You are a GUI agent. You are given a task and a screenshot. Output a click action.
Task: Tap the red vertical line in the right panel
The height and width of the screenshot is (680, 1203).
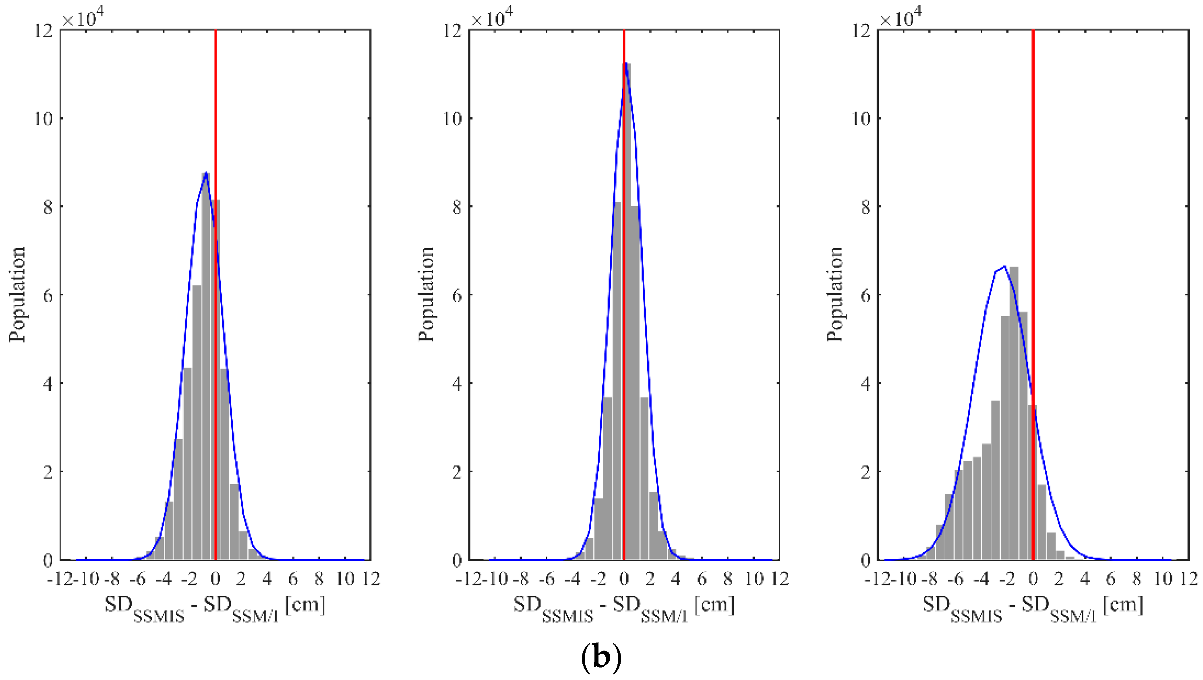[x=1033, y=187]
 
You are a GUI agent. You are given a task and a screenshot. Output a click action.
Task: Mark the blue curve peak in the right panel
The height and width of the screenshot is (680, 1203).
[x=1004, y=267]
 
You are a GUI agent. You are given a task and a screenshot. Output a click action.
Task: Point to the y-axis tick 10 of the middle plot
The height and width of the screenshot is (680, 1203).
[x=452, y=118]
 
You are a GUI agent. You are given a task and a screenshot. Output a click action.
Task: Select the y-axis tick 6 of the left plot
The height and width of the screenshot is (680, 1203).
[x=48, y=295]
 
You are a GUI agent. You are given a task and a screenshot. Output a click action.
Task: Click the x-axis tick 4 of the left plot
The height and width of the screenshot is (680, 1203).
[x=267, y=579]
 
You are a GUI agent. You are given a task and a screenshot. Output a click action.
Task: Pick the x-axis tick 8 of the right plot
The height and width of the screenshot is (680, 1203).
[x=1136, y=579]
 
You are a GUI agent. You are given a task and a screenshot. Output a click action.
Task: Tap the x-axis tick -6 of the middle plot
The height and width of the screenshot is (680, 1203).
[x=547, y=579]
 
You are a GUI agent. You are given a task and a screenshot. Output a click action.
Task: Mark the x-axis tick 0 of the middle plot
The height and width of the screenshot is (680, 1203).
[x=624, y=579]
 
